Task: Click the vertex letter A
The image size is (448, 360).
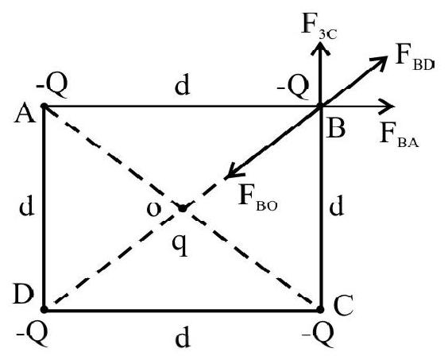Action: [25, 115]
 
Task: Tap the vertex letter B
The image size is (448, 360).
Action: [337, 129]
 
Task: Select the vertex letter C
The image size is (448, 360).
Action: [343, 305]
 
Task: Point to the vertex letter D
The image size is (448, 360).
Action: [24, 295]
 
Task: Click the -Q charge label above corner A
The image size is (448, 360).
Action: [52, 86]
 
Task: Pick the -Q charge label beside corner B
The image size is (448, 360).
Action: [293, 87]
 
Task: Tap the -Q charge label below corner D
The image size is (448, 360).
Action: [32, 335]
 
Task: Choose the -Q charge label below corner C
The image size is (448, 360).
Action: [318, 335]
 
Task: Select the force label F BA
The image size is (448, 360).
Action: [400, 135]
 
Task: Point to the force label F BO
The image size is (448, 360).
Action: [257, 197]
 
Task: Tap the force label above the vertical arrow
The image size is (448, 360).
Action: [319, 26]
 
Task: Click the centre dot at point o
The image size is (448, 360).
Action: [182, 208]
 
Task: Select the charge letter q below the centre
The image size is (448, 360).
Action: [180, 246]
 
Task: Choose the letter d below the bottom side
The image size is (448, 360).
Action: [182, 337]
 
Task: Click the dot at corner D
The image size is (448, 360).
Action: [44, 309]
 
